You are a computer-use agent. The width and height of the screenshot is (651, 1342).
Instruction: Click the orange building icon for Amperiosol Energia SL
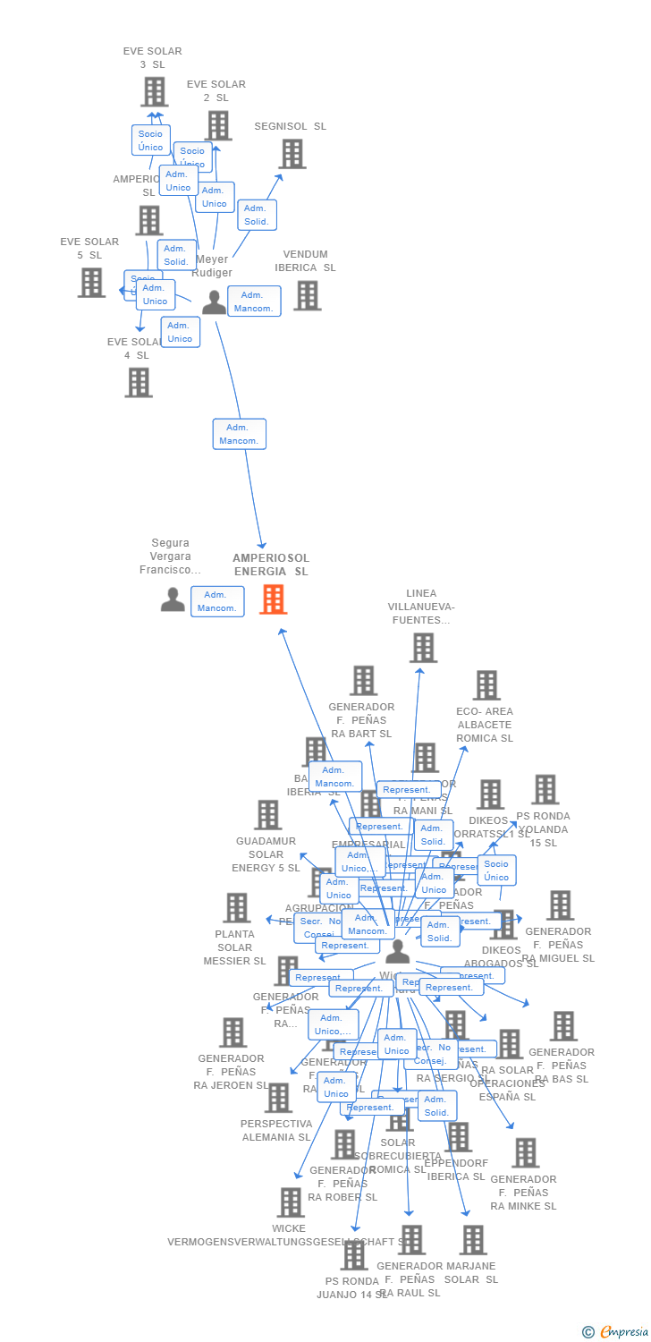[273, 599]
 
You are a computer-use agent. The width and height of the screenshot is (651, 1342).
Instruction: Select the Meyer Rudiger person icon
[215, 302]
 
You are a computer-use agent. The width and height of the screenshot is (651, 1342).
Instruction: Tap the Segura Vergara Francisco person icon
[173, 599]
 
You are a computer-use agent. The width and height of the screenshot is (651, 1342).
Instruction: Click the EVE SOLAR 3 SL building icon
[155, 92]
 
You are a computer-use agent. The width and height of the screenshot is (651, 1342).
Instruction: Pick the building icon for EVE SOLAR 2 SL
[218, 125]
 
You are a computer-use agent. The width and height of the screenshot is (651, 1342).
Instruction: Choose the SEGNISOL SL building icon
[292, 154]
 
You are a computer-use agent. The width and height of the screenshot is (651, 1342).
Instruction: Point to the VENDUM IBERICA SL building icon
[307, 295]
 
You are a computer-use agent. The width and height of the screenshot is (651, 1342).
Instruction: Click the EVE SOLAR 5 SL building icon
[91, 283]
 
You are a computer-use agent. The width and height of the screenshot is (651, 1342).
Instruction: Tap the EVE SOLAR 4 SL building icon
[139, 383]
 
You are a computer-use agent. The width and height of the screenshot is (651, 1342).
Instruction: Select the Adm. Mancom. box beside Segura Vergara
[216, 601]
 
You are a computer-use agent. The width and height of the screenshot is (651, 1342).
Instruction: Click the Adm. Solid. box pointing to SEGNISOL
[257, 215]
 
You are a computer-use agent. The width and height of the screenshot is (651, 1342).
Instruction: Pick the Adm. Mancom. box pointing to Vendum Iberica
[254, 302]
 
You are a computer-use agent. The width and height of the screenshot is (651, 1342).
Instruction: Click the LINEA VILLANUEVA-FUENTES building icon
[422, 648]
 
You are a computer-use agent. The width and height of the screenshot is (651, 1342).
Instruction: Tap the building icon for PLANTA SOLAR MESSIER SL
[236, 908]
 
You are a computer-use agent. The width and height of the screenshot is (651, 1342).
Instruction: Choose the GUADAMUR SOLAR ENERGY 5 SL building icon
[268, 815]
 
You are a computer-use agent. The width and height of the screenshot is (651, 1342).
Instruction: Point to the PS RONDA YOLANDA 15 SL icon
[545, 790]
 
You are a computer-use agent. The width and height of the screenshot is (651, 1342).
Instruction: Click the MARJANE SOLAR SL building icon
[473, 1240]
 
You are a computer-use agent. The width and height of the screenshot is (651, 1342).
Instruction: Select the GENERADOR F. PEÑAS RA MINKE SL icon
[525, 1153]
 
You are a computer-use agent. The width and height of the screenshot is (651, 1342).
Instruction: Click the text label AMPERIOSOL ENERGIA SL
[271, 565]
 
